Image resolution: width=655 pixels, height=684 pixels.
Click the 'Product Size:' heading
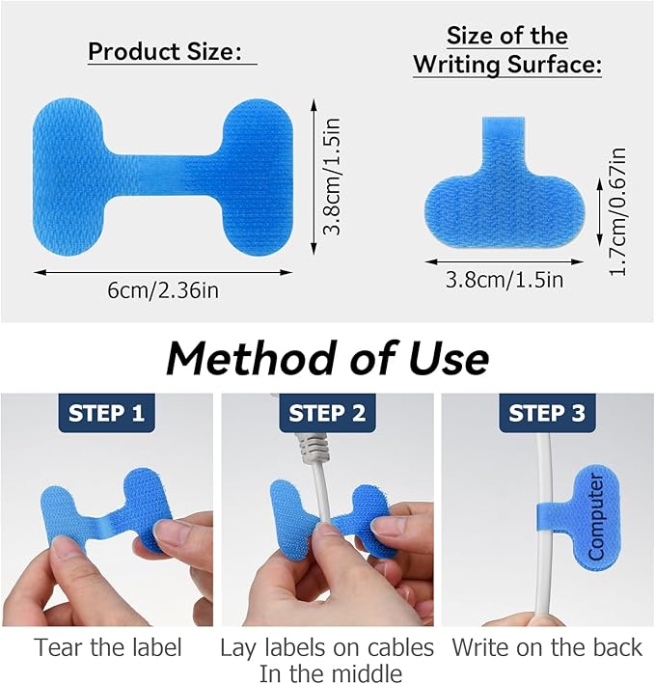point(165,51)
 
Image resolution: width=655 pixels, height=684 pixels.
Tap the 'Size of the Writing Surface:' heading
point(507,50)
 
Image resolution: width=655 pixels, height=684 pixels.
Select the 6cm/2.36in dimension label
point(163,290)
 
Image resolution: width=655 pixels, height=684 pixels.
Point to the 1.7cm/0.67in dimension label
point(617,211)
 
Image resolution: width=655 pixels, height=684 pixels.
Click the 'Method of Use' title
point(328,359)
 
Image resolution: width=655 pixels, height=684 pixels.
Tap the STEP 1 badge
point(106,413)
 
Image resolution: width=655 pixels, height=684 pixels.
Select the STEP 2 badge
point(327,413)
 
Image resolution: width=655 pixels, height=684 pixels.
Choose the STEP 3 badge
point(547,413)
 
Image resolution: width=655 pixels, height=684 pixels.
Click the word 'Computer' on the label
point(596,517)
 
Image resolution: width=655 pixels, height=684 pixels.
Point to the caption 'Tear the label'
point(108,647)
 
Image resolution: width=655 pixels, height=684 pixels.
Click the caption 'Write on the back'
point(547,647)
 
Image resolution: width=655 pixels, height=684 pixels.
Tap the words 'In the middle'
point(331,673)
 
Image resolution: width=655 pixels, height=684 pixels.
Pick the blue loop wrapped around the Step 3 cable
point(552,516)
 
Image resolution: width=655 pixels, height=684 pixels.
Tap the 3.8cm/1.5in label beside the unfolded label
point(332,177)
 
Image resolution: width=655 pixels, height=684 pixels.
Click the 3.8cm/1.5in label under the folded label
point(505,279)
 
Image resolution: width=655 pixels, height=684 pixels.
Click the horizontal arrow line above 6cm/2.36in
point(163,273)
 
